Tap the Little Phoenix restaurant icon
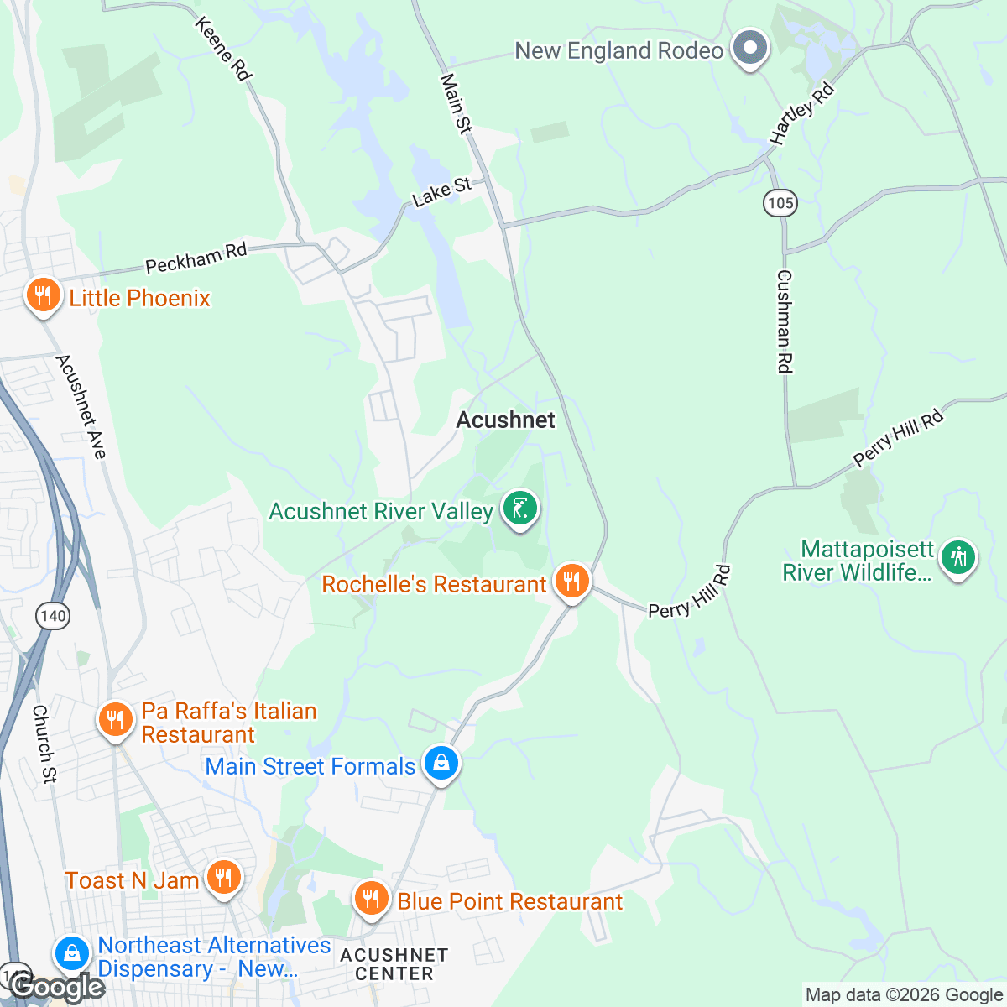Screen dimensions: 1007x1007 tap(42, 295)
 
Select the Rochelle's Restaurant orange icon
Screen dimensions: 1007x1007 tap(571, 581)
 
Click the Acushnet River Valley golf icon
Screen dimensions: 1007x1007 tap(520, 509)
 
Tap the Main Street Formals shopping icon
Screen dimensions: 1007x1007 tap(441, 764)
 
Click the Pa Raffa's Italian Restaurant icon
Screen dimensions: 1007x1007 tap(115, 720)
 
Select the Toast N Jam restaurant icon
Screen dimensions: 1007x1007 tap(222, 878)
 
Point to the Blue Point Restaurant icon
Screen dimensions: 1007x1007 tap(370, 899)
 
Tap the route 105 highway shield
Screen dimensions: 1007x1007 tap(780, 202)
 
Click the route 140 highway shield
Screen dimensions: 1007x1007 tap(52, 616)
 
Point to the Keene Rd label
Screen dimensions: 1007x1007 tap(222, 49)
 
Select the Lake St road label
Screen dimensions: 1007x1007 tap(441, 191)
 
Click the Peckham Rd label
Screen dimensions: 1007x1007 tap(196, 258)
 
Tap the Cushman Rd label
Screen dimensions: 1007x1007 tap(784, 321)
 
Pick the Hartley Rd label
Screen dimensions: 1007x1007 tap(802, 113)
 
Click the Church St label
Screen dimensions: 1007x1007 tap(44, 744)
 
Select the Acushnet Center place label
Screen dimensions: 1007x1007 tap(394, 964)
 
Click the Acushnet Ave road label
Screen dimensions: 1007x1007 tap(81, 407)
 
